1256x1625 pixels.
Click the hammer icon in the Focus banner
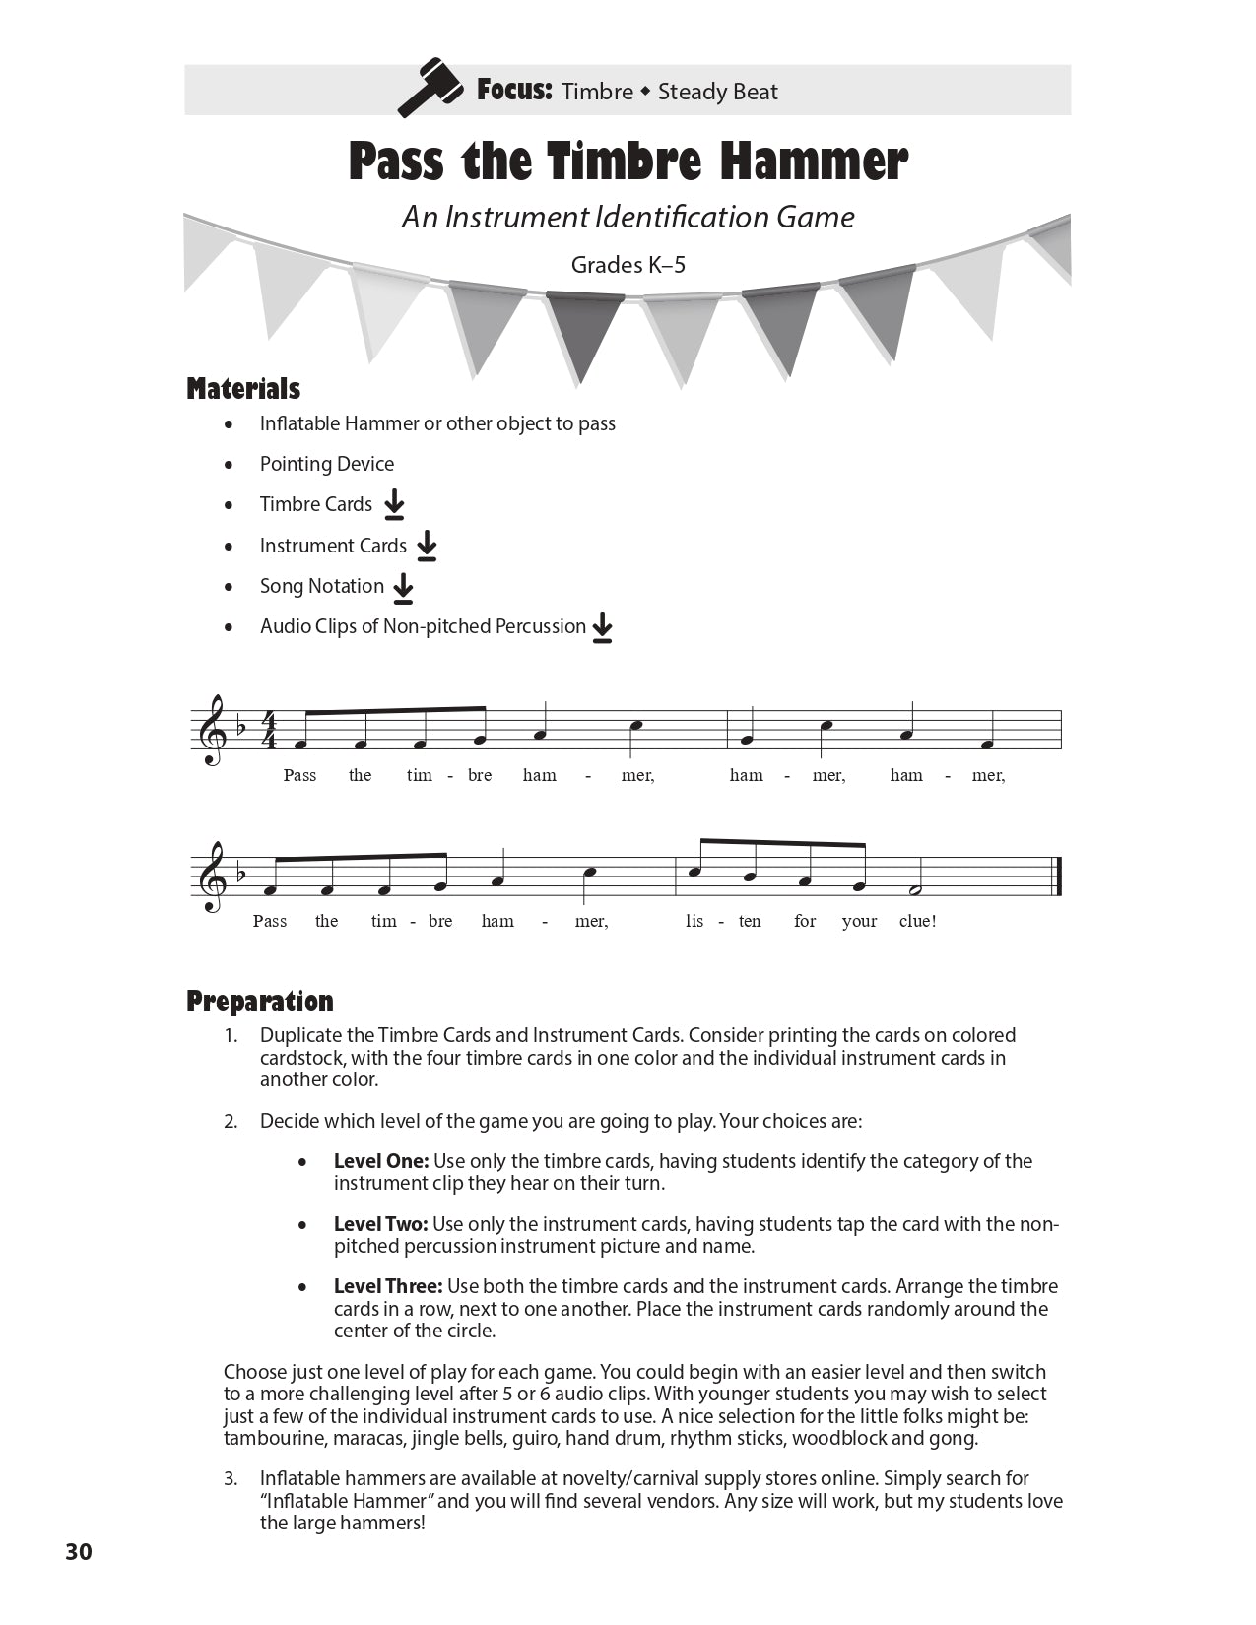pos(430,89)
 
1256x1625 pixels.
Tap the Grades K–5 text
pos(628,265)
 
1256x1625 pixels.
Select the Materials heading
pos(243,389)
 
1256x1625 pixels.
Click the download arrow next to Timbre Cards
pos(394,504)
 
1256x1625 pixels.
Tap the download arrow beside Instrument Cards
pos(427,546)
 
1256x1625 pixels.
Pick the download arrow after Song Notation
pos(403,587)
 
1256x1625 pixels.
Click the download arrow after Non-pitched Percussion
pos(603,627)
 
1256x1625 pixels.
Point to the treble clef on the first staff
pos(209,729)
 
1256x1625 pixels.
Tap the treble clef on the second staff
pos(209,876)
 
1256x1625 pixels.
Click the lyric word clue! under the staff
pos(917,922)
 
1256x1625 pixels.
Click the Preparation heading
pos(260,1002)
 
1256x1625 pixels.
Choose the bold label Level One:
pos(381,1161)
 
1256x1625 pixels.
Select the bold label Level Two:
pos(381,1224)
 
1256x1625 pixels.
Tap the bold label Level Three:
pos(388,1286)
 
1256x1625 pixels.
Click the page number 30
pos(79,1552)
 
